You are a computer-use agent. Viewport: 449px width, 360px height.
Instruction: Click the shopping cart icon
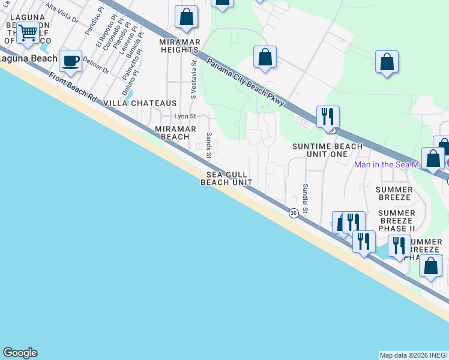pyautogui.click(x=28, y=34)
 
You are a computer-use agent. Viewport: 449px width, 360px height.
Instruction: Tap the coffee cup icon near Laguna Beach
pyautogui.click(x=71, y=61)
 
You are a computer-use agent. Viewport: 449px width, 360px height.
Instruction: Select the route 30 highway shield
pyautogui.click(x=294, y=213)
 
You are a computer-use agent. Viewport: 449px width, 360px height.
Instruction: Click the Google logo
pyautogui.click(x=20, y=353)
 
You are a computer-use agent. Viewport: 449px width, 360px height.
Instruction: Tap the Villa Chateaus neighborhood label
pyautogui.click(x=140, y=103)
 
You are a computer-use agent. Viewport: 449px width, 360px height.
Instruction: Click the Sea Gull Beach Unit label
pyautogui.click(x=226, y=178)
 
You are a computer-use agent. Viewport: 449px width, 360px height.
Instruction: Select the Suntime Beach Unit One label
pyautogui.click(x=327, y=150)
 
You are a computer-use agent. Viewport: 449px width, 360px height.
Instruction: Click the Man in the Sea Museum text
pyautogui.click(x=399, y=164)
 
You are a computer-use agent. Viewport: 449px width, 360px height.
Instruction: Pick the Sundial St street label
pyautogui.click(x=305, y=199)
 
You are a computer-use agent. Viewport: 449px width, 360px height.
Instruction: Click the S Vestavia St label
pyautogui.click(x=193, y=79)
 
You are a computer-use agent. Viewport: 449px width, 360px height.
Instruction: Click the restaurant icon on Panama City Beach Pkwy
pyautogui.click(x=328, y=116)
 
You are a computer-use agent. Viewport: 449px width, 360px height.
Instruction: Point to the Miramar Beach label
pyautogui.click(x=173, y=133)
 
